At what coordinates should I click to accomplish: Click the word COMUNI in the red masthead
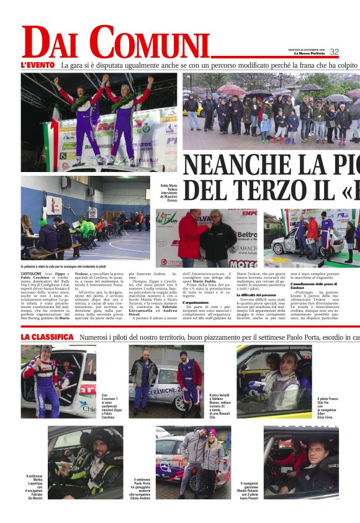point(149,43)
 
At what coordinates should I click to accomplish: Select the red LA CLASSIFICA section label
point(47,337)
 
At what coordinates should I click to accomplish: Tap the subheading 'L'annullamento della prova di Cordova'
point(315,286)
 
